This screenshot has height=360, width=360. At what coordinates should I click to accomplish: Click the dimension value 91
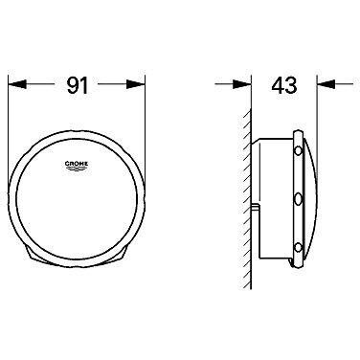coord(77,85)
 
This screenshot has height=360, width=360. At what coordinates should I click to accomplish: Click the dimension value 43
coord(284,85)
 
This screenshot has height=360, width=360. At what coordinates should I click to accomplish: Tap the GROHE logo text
coord(77,164)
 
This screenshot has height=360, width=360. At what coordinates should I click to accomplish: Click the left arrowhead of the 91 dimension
coord(16,84)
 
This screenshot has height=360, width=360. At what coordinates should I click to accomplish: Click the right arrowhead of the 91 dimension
coord(136,84)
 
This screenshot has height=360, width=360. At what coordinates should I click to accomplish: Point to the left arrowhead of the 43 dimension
coord(242,84)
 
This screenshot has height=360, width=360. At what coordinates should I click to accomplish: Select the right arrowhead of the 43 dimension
coord(326,84)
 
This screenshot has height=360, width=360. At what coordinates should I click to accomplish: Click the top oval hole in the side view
coord(298,151)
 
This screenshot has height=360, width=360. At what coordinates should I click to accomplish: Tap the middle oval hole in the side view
coord(298,199)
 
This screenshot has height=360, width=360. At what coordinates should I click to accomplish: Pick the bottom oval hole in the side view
coord(298,248)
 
